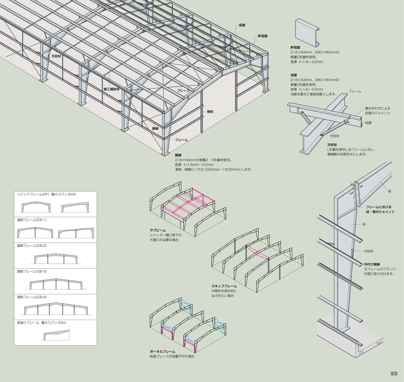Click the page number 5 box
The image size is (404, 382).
(394, 373)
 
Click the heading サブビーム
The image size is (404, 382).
(158, 230)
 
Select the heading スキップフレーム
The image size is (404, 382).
(224, 286)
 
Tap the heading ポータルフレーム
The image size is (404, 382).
(162, 351)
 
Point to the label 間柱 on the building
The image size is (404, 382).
(210, 112)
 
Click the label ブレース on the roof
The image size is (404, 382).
(183, 90)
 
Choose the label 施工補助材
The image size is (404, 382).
(111, 89)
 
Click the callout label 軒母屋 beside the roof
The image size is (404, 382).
(262, 36)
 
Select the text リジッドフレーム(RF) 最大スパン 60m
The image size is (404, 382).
(46, 194)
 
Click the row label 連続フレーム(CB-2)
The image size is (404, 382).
(32, 246)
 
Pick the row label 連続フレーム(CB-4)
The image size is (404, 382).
(32, 297)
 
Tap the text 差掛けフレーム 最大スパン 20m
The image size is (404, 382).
(42, 323)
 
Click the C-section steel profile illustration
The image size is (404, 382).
(307, 31)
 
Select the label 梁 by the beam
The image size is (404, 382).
(389, 191)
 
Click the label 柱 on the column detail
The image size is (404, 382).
(364, 224)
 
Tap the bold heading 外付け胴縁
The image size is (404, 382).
(372, 264)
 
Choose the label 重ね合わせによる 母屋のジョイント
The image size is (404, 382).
(377, 111)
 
